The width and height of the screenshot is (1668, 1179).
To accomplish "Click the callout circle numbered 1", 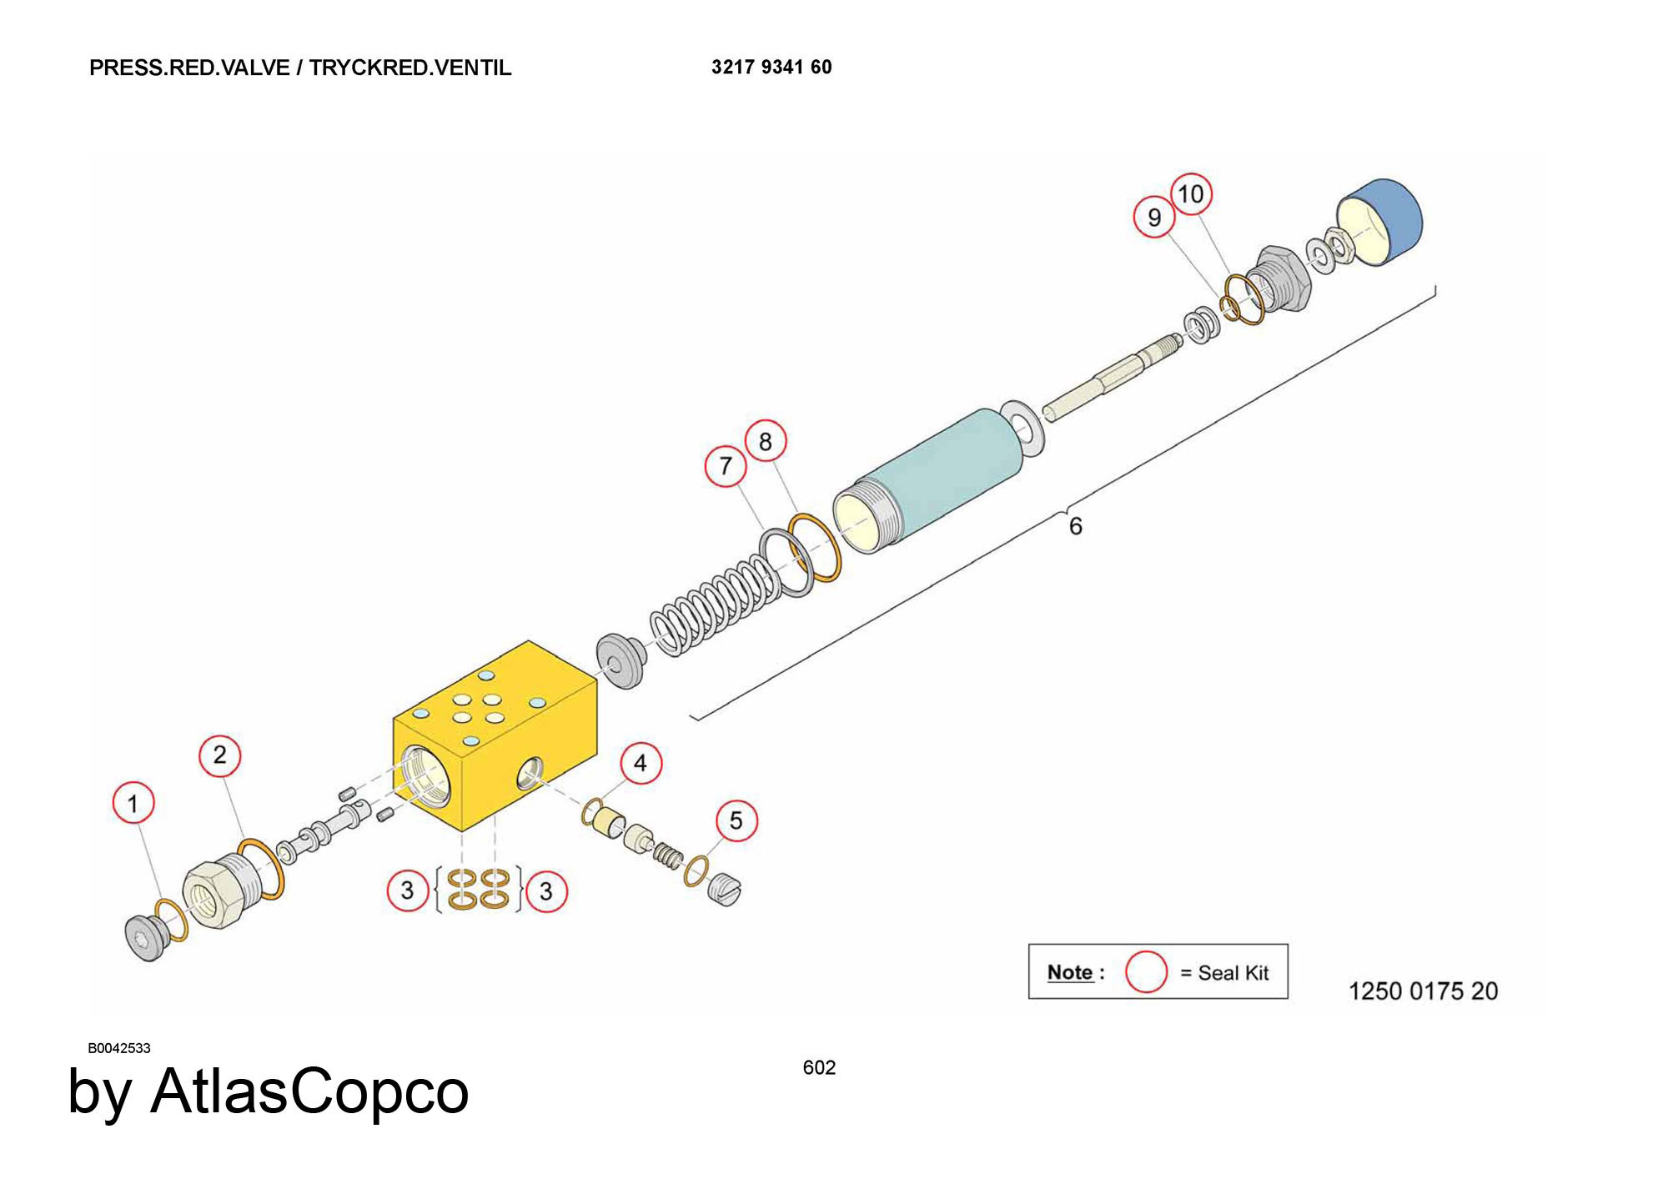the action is [133, 803].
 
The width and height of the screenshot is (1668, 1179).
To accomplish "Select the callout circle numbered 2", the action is [219, 755].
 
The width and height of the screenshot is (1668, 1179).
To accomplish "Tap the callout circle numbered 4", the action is [641, 763].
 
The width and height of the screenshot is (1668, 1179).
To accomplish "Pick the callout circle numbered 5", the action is [736, 820].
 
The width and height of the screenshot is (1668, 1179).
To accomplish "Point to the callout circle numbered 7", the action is [726, 465].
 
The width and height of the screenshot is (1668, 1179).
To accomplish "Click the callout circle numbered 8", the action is [766, 441].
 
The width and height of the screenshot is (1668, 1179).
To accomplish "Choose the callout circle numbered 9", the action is [1154, 217].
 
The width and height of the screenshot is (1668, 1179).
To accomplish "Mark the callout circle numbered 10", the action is [1191, 194].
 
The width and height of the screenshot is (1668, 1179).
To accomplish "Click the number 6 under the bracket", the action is [1076, 526].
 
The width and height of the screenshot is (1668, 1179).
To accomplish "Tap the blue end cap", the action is [1379, 222].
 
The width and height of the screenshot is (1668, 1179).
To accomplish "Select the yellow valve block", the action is [495, 735].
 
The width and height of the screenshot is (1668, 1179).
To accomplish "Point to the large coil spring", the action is [716, 604].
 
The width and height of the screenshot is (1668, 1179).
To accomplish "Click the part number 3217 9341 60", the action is [771, 67].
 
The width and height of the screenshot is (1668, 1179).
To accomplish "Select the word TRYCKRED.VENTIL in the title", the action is [410, 68].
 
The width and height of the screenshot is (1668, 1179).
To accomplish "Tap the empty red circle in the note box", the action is [1146, 971].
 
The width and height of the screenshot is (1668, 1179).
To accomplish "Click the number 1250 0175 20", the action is [1423, 991].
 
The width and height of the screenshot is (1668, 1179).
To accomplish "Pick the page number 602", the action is [819, 1067].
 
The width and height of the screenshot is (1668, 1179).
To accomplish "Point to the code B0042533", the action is [119, 1048].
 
